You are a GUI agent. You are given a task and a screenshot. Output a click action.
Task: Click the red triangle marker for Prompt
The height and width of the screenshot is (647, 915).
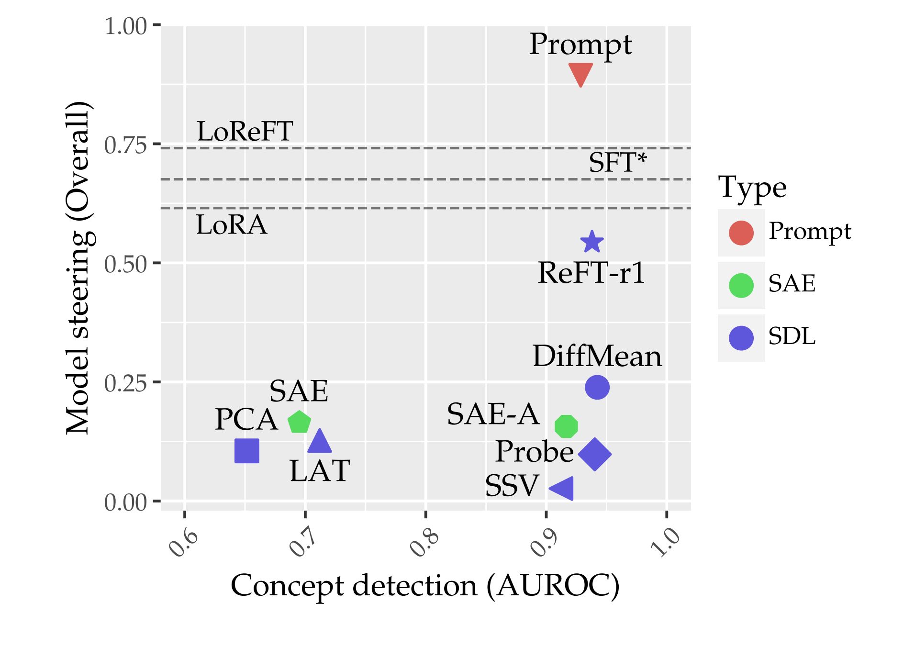click(x=580, y=73)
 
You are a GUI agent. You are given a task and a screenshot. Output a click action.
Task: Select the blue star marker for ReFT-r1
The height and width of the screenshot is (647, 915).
click(x=592, y=242)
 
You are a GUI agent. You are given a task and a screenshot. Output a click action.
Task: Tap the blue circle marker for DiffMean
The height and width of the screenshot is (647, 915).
click(x=597, y=387)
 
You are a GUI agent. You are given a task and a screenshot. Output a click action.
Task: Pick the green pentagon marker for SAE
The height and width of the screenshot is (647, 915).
click(x=299, y=422)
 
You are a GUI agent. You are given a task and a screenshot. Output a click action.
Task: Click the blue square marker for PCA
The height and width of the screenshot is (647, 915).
click(x=247, y=451)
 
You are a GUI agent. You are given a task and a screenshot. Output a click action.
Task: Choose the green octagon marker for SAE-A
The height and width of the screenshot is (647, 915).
click(x=566, y=426)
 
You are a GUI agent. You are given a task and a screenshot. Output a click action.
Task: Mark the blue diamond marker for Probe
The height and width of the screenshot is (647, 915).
click(x=595, y=454)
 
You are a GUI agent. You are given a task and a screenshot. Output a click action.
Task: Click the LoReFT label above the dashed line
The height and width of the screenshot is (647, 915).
click(x=245, y=132)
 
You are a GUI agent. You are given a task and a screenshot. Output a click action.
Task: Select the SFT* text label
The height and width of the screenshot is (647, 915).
click(x=617, y=163)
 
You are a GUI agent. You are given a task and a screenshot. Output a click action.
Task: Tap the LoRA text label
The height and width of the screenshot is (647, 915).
click(x=231, y=225)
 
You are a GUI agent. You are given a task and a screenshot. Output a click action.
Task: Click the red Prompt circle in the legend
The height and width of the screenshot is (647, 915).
click(x=741, y=233)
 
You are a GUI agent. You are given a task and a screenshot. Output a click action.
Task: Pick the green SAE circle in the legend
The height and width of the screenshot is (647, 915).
click(x=741, y=285)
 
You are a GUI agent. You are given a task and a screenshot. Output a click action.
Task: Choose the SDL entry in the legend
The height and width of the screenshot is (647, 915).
click(x=792, y=336)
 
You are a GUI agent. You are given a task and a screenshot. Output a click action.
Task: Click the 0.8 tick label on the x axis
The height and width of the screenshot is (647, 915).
click(x=424, y=543)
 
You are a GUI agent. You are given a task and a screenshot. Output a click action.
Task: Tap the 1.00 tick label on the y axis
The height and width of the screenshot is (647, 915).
click(x=125, y=26)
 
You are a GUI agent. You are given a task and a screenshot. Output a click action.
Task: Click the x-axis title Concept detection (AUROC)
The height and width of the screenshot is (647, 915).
click(x=425, y=586)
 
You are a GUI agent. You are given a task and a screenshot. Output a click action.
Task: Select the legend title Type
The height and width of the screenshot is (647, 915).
click(x=752, y=188)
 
